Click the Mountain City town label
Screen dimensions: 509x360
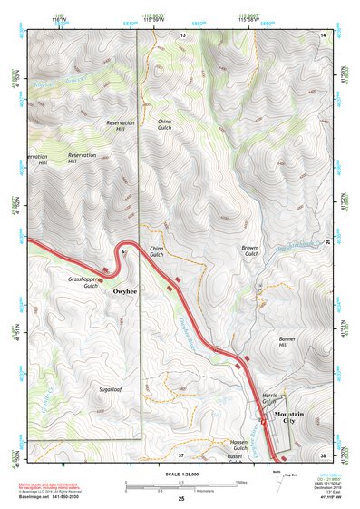[x=284, y=417]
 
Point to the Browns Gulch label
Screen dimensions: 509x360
[x=250, y=250]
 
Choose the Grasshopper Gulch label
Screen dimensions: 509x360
[x=83, y=282]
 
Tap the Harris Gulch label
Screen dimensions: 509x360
[x=269, y=400]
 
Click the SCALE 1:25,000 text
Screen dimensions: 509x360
[x=180, y=474]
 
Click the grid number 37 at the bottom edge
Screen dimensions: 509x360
[x=180, y=454]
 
